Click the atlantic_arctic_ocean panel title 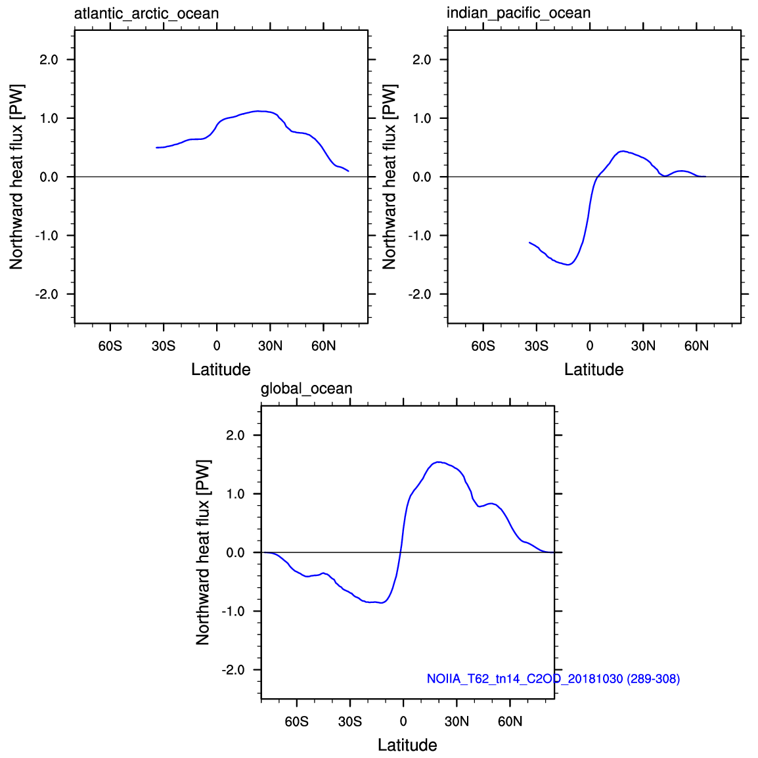[x=146, y=14]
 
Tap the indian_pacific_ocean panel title [x=519, y=13]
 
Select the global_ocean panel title [x=307, y=389]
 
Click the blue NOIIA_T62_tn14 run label [x=553, y=679]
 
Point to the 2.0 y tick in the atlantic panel [x=49, y=60]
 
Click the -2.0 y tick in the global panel [x=233, y=670]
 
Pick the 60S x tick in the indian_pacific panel [x=483, y=346]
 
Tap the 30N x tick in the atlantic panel [x=270, y=346]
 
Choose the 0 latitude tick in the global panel [x=403, y=722]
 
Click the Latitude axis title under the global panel [x=407, y=745]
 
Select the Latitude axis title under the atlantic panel [x=221, y=369]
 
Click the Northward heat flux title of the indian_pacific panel [x=389, y=177]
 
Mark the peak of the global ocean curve [x=438, y=462]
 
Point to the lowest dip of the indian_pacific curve [x=569, y=265]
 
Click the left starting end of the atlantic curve [x=156, y=147]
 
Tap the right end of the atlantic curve [x=348, y=171]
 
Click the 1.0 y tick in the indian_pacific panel [x=422, y=118]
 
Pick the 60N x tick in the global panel [x=510, y=722]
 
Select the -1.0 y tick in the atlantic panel [x=47, y=236]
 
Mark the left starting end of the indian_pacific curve [x=530, y=242]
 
